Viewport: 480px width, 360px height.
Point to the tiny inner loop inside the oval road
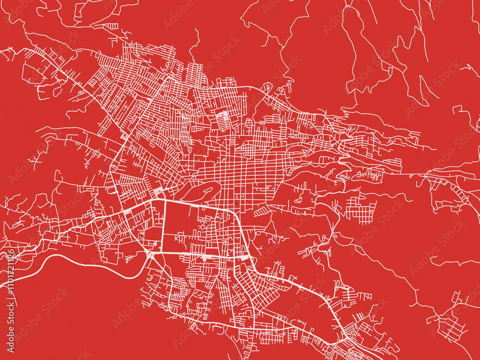207,190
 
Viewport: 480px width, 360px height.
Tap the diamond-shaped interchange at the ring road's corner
150,253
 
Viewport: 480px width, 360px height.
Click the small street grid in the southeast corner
451,326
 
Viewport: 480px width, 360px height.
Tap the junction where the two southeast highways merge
343,336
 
